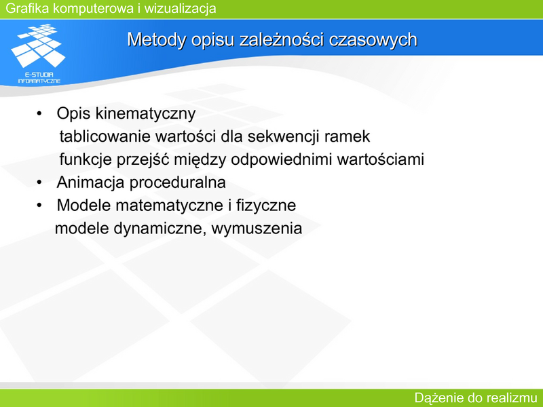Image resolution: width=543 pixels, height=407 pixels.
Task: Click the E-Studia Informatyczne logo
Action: coord(38,54)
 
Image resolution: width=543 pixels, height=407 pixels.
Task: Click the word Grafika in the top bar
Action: coord(27,8)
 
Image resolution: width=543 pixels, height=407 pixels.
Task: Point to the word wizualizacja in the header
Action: coord(180,8)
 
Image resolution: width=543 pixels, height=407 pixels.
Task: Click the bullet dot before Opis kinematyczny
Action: coord(39,113)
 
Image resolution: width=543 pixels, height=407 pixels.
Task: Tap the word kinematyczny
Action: coord(145,114)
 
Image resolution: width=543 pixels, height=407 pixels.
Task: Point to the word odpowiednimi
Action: coord(282,159)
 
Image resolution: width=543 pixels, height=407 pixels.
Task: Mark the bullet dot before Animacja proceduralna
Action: coord(39,182)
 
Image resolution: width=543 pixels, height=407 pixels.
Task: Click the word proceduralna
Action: coord(177,182)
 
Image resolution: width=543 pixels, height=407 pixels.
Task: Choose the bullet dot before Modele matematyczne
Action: coord(39,206)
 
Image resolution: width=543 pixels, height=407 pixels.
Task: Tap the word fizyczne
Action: coord(266,206)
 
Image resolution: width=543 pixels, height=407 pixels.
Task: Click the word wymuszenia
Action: coord(257,229)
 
